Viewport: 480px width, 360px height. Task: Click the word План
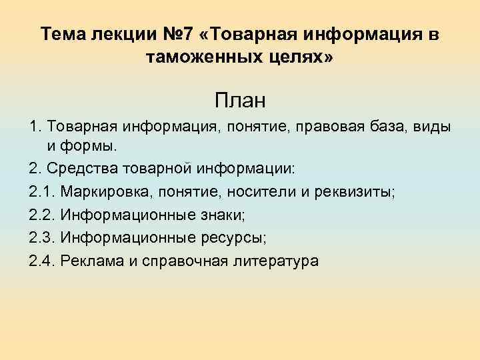click(x=240, y=101)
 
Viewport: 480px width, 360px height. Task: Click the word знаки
click(x=202, y=215)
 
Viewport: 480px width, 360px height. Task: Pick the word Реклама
click(x=88, y=260)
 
